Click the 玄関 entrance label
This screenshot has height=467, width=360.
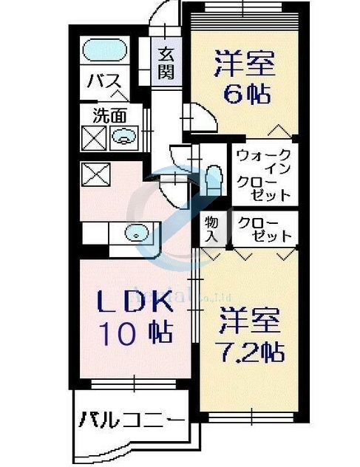pyautogui.click(x=166, y=63)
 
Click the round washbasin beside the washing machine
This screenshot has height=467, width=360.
pyautogui.click(x=123, y=136)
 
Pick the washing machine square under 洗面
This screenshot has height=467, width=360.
pyautogui.click(x=94, y=137)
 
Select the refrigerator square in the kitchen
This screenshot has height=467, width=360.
pyautogui.click(x=94, y=175)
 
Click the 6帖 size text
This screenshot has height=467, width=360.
pyautogui.click(x=244, y=95)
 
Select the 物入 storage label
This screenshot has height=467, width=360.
pyautogui.click(x=211, y=230)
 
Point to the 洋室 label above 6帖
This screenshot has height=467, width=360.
pyautogui.click(x=245, y=63)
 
